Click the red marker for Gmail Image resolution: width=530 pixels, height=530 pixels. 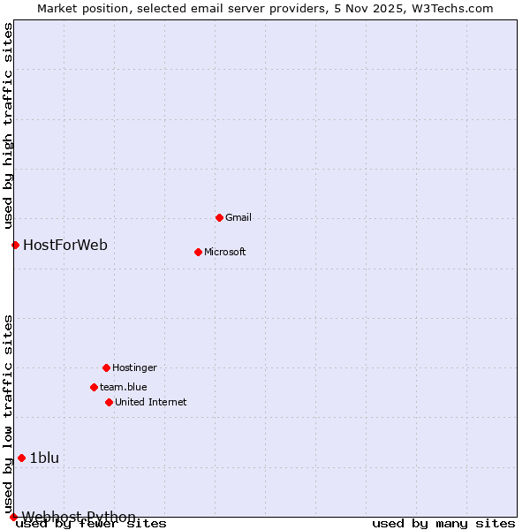pos(219,217)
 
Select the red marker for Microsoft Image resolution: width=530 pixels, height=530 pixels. pos(198,252)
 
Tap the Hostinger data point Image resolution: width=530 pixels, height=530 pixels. pos(106,367)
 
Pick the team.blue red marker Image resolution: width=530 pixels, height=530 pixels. pos(94,387)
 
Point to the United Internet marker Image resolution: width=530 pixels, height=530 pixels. pos(109,402)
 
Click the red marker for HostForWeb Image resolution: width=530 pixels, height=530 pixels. pos(15,245)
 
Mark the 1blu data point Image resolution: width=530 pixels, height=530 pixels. pos(21,458)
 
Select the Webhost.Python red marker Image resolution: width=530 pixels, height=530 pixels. pos(13,517)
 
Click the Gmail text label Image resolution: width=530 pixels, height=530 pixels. pos(238,217)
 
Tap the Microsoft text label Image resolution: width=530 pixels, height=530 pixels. pos(225,252)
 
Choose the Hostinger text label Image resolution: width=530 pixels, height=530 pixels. pos(134,367)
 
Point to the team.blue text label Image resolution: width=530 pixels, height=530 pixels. pos(124,387)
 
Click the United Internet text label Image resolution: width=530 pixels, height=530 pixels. pos(151,402)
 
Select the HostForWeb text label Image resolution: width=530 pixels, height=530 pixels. pos(65,245)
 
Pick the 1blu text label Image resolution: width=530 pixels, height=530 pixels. pos(44,458)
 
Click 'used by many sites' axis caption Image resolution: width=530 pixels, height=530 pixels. pos(443,523)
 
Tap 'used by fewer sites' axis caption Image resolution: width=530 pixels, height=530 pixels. pos(92,523)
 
